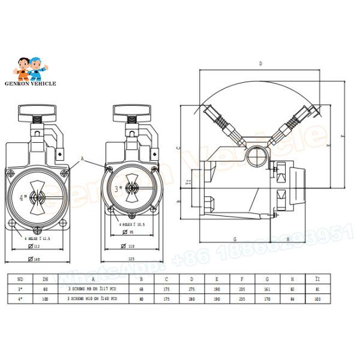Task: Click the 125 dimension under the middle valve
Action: (131, 260)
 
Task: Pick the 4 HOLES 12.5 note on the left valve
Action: (37, 239)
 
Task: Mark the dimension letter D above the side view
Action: (260, 63)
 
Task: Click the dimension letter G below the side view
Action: (235, 239)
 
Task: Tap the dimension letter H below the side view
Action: (289, 239)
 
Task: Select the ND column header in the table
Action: (20, 279)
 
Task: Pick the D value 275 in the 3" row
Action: (192, 289)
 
